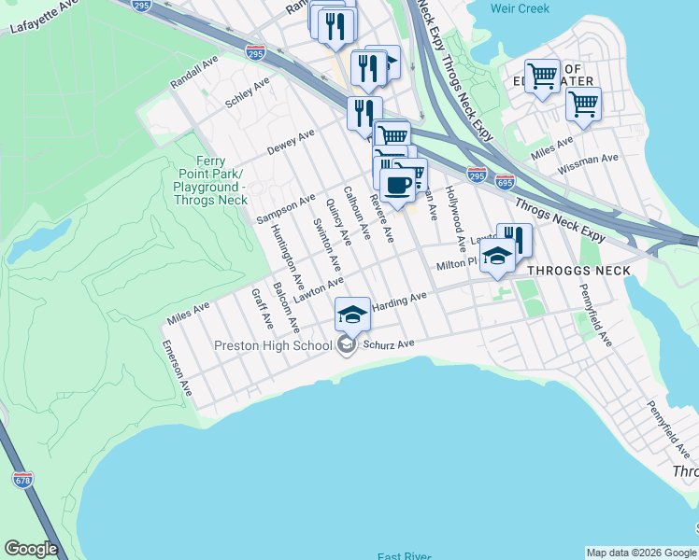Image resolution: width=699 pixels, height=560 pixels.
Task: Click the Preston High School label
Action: [x=273, y=345]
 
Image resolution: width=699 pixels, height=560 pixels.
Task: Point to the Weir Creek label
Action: [x=520, y=8]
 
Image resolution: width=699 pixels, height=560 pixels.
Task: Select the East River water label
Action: [x=404, y=556]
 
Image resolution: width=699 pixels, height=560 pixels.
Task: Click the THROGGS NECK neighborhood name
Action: [x=578, y=271]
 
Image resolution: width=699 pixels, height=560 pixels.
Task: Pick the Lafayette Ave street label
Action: [x=42, y=19]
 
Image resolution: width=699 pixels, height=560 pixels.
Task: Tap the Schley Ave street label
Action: [x=248, y=94]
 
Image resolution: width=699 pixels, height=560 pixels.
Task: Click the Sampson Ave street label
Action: [x=286, y=209]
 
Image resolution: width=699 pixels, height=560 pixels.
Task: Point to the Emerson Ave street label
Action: [x=177, y=368]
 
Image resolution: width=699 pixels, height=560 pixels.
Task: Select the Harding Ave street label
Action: [x=399, y=301]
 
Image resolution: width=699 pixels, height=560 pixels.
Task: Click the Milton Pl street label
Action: [x=457, y=265]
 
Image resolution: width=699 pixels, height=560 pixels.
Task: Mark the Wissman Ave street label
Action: [x=588, y=165]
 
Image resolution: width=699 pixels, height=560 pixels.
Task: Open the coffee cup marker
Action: [x=397, y=184]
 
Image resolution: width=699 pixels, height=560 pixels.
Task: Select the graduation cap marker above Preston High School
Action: [x=352, y=315]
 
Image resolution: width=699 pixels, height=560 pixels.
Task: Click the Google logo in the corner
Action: [x=31, y=549]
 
